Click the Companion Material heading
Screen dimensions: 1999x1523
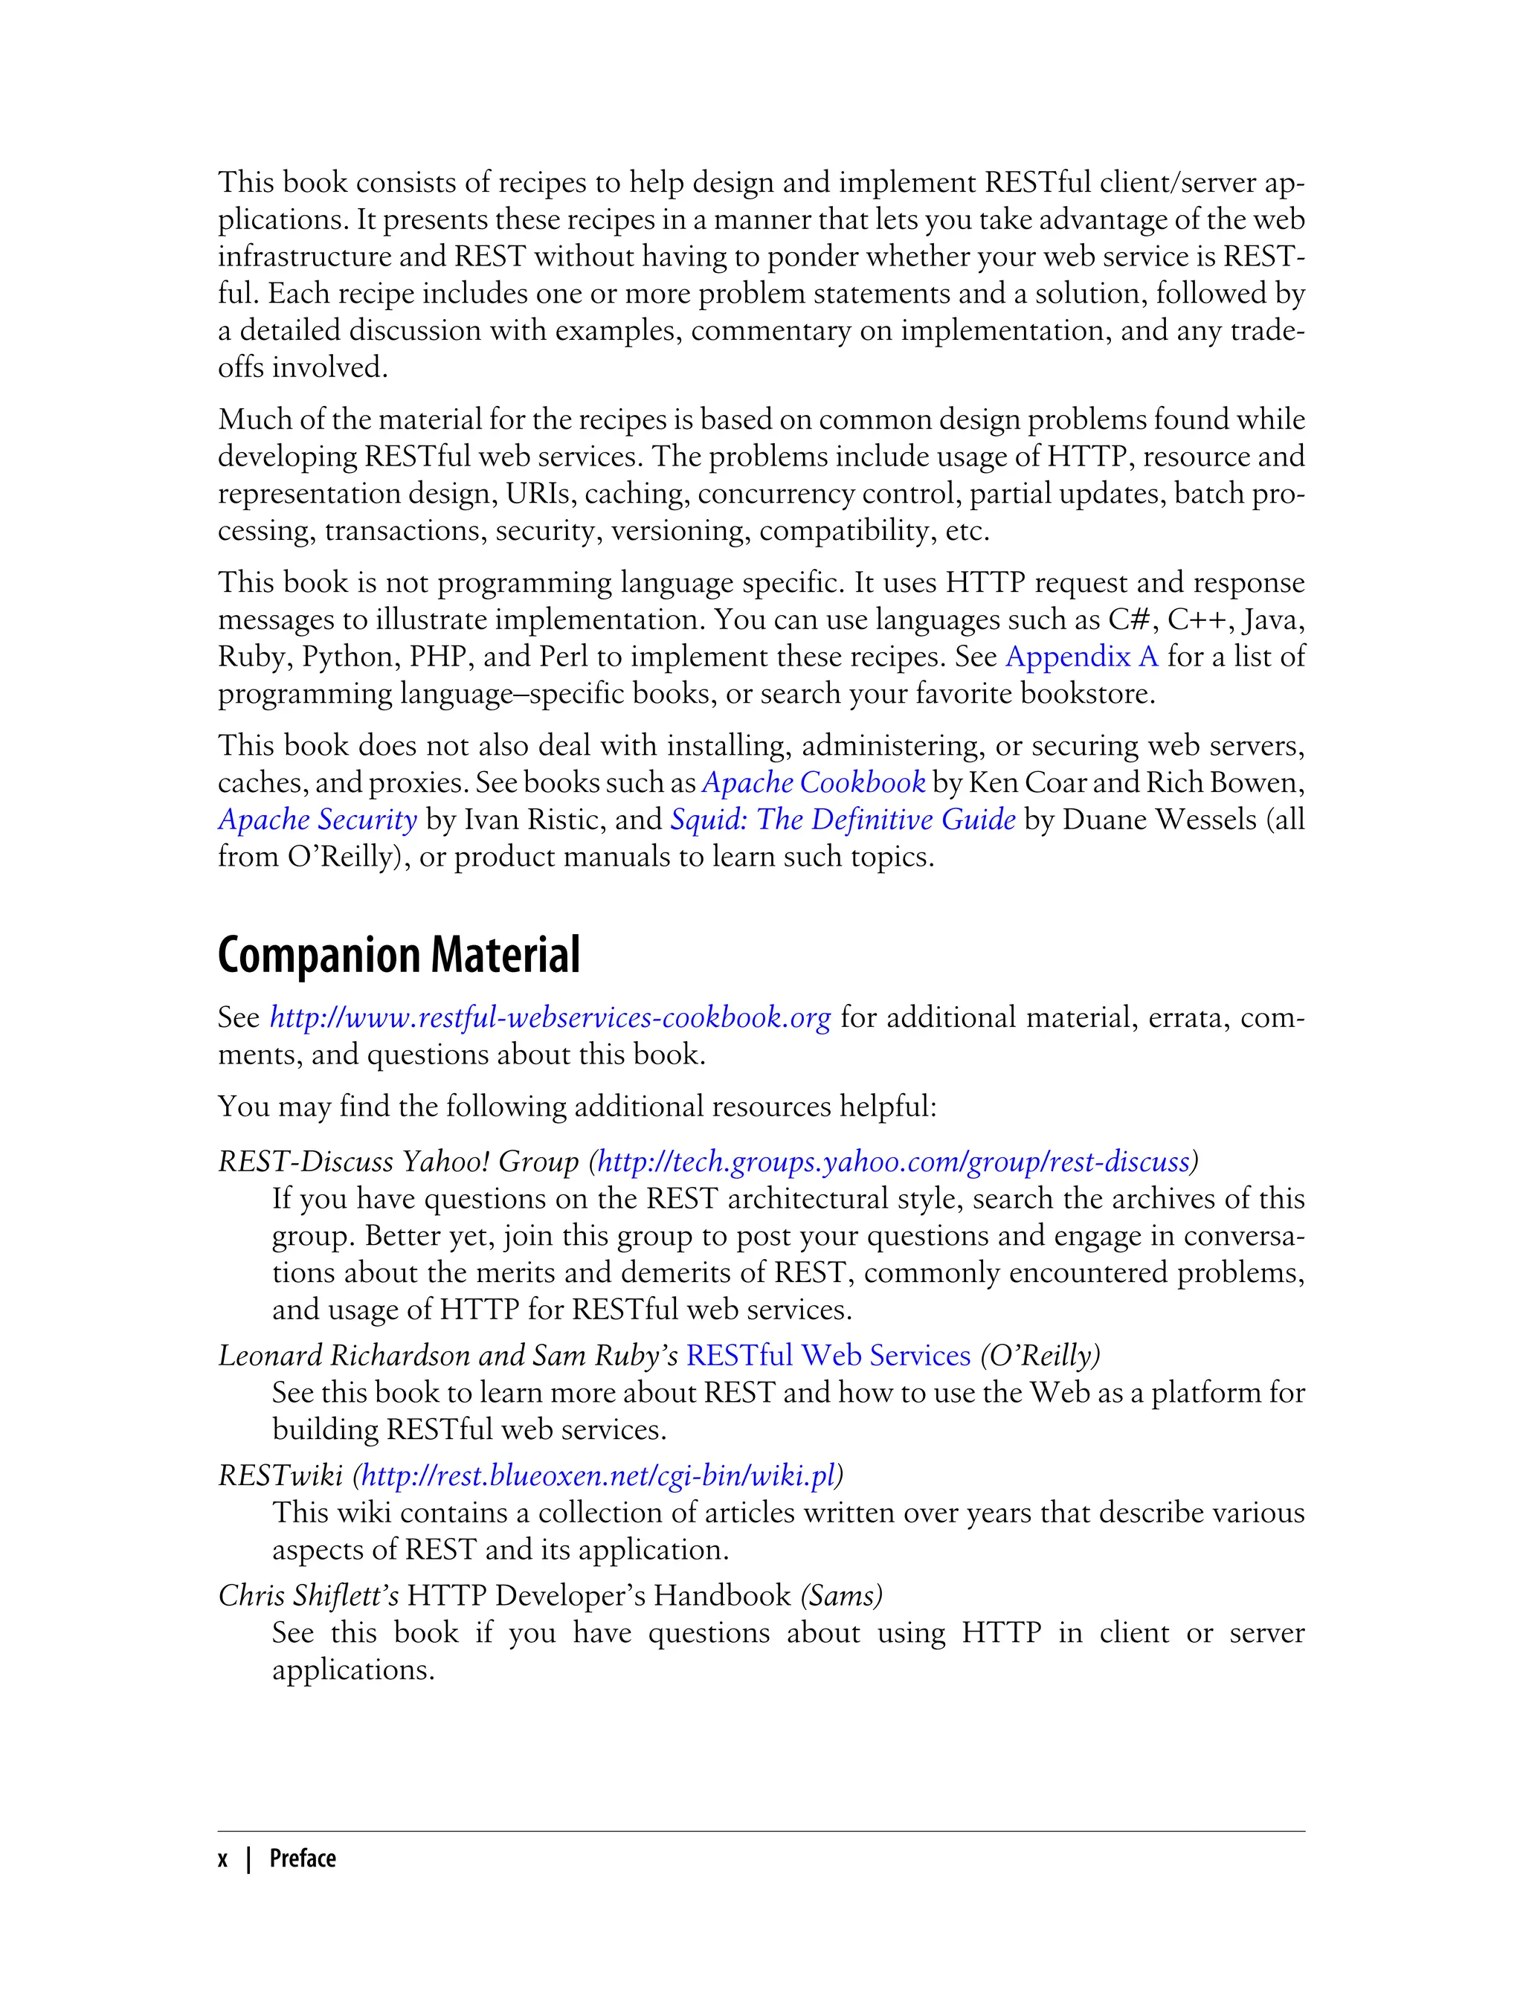point(398,956)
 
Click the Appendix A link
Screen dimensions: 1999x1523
point(1081,657)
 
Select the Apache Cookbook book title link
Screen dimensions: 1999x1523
point(813,782)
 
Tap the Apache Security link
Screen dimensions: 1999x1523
point(318,820)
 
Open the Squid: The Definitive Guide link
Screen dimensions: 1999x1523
point(842,820)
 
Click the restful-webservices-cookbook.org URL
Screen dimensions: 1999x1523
point(550,1017)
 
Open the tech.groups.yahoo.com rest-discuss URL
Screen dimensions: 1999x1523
point(893,1162)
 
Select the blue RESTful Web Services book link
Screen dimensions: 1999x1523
point(828,1355)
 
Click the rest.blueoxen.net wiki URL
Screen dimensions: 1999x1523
point(597,1476)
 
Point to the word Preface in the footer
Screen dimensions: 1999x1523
point(303,1858)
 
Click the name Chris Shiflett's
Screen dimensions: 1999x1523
point(308,1596)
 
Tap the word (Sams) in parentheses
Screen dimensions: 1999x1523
point(841,1596)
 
